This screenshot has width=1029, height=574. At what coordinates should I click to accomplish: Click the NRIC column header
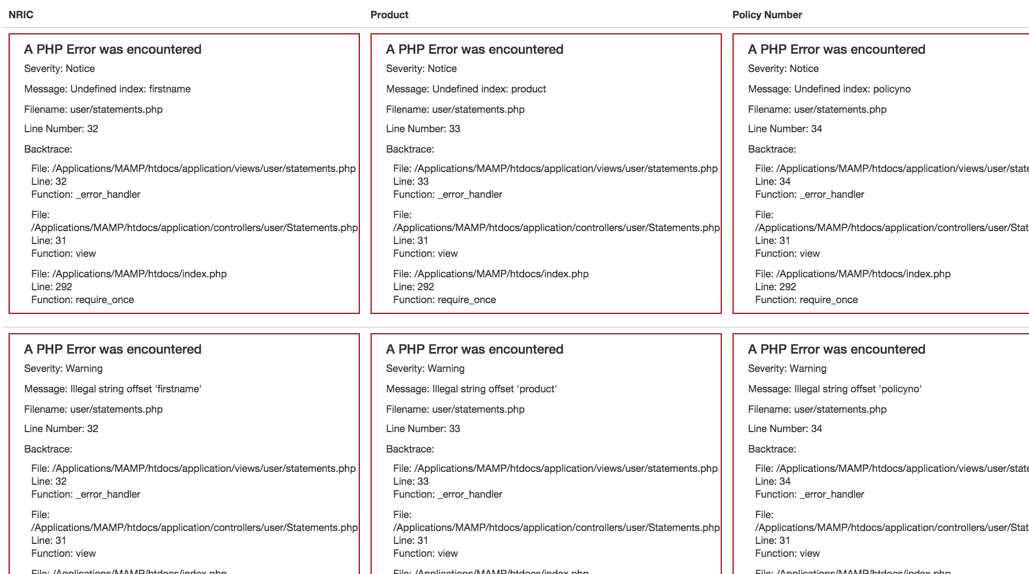[21, 15]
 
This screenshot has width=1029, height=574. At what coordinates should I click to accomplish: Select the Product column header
[389, 15]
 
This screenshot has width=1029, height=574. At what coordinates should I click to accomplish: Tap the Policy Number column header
[767, 15]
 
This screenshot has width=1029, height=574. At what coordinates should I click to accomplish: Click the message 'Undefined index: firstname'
[107, 89]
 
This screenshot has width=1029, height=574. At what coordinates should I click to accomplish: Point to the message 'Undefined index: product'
[466, 89]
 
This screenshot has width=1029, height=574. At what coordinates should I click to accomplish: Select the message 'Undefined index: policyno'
[829, 89]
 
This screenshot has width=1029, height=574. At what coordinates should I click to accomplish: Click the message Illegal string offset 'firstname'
[113, 389]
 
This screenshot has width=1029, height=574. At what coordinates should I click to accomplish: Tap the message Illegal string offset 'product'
[471, 389]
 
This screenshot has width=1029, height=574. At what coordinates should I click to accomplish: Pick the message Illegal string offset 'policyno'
[835, 389]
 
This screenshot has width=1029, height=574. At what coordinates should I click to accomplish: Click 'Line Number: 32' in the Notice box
[61, 129]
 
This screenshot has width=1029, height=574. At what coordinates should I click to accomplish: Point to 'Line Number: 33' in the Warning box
[423, 429]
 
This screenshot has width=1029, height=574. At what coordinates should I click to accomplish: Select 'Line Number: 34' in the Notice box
[785, 129]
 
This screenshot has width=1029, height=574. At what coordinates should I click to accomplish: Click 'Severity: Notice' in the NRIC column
[60, 69]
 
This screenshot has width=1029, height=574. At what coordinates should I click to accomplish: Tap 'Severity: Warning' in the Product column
[425, 369]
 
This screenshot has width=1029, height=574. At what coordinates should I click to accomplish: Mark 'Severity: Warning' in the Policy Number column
[787, 369]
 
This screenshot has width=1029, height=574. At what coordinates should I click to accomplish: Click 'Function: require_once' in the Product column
[445, 300]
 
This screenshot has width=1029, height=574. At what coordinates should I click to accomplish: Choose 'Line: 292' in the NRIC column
[52, 287]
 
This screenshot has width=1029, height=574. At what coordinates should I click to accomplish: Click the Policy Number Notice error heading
[836, 49]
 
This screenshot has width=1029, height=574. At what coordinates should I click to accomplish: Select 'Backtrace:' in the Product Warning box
[410, 449]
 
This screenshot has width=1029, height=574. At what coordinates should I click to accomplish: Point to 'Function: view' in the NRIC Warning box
[63, 554]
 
